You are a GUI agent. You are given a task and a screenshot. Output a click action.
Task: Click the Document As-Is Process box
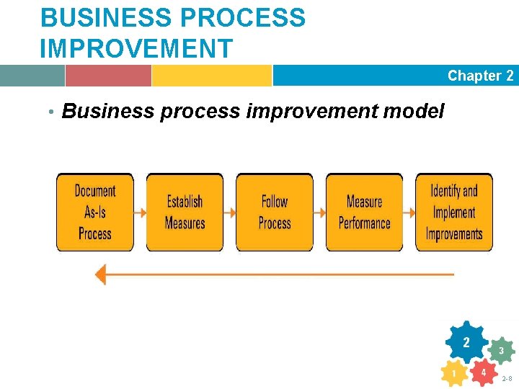95,213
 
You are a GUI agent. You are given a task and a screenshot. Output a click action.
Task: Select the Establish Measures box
185,213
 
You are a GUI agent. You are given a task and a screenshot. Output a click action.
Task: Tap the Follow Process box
275,213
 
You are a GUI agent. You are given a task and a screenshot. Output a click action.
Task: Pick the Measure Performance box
364,213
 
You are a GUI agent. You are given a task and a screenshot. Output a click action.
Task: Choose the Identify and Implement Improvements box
454,213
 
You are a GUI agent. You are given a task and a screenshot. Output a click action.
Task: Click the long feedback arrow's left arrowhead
101,274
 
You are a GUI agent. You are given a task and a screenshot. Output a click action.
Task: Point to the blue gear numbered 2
467,343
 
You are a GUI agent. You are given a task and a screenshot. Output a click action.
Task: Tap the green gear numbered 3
501,351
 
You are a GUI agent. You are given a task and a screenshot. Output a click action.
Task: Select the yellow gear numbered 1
454,374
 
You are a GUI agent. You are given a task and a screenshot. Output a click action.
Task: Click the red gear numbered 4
484,372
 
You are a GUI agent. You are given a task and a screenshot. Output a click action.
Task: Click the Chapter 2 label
480,76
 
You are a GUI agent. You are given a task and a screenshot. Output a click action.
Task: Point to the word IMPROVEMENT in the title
137,49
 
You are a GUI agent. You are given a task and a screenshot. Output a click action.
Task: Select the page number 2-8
507,378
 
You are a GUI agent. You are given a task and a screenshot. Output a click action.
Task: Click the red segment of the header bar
108,76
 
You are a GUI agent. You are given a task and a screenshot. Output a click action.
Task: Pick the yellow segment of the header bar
211,76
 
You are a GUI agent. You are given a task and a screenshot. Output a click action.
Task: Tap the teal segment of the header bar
32,76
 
